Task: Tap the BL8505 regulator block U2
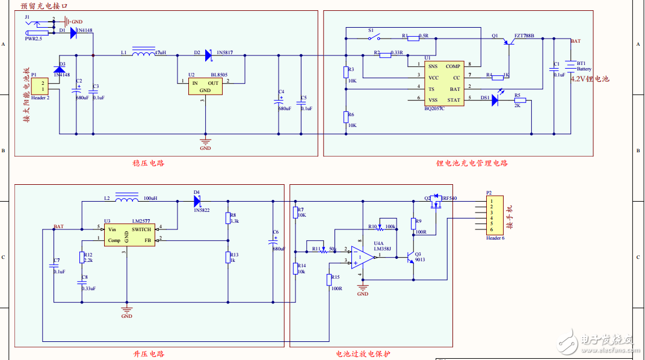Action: point(205,87)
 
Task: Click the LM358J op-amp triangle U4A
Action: point(363,256)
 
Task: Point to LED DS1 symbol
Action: point(495,100)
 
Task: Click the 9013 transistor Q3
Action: point(412,256)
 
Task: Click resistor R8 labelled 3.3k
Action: point(227,218)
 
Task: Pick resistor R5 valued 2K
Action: point(519,100)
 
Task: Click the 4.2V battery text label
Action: point(590,79)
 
